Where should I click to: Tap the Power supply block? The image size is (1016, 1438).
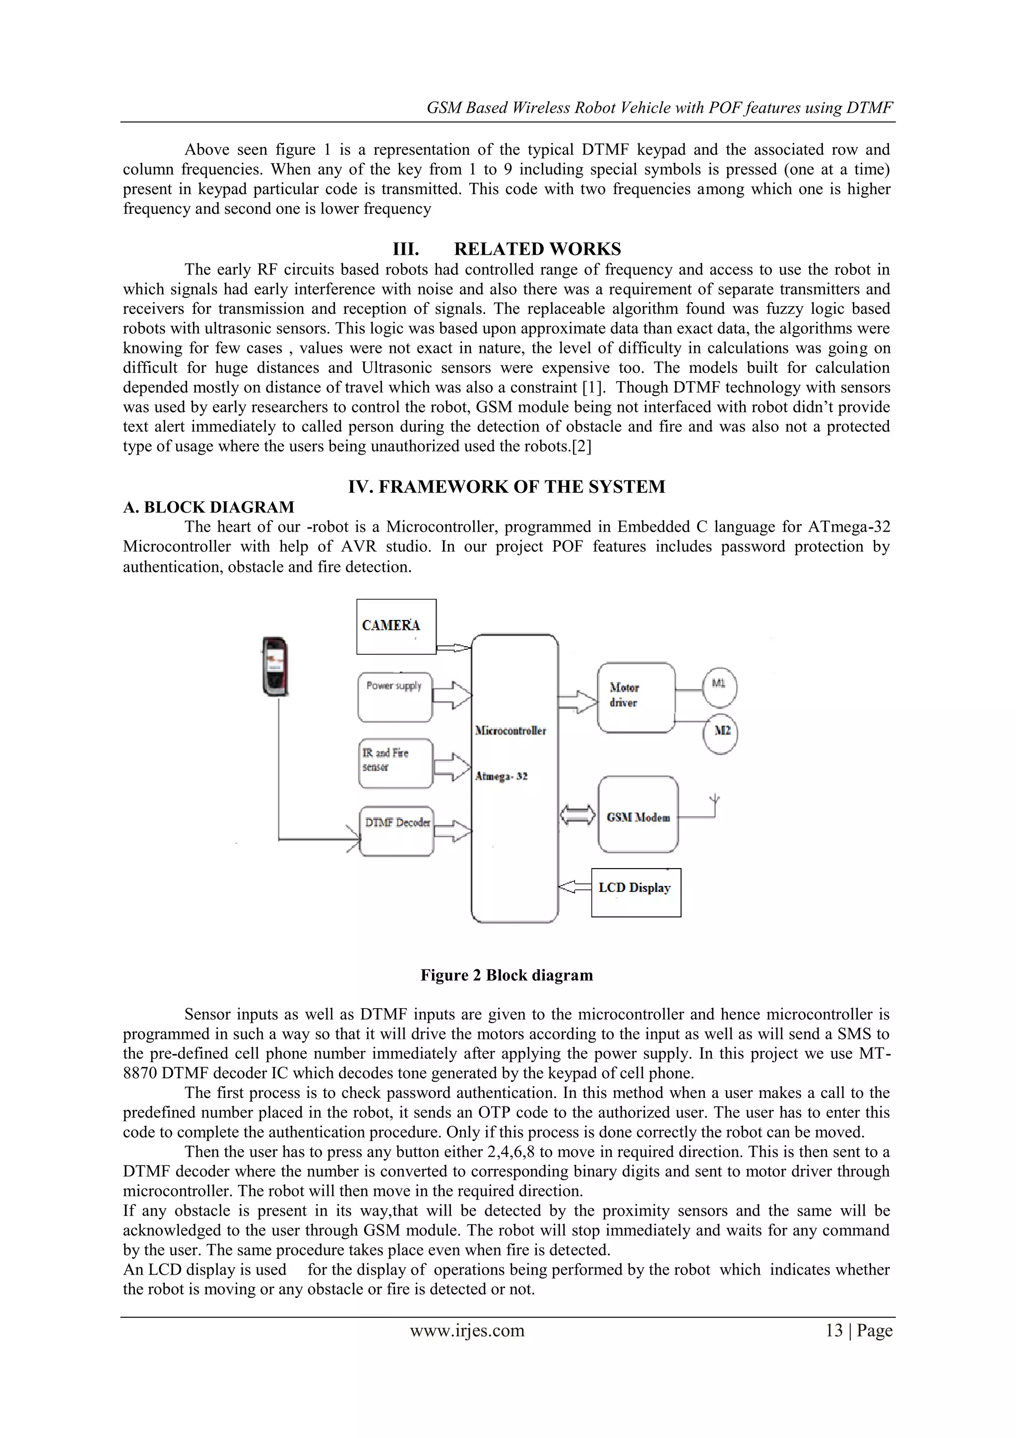(x=395, y=696)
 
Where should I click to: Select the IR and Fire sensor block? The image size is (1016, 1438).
(x=395, y=763)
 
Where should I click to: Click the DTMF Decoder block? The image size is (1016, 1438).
(x=396, y=830)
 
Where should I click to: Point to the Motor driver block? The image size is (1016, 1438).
(x=636, y=697)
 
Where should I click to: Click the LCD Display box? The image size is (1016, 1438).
(x=635, y=892)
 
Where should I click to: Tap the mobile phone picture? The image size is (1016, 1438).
(x=275, y=667)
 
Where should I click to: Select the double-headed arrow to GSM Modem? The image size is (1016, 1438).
(x=577, y=816)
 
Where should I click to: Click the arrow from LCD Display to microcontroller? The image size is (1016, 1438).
(x=574, y=887)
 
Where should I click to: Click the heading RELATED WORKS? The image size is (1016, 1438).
(x=537, y=249)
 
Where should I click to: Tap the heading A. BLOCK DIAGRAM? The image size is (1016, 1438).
(x=208, y=507)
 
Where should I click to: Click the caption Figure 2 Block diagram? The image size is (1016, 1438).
(x=507, y=975)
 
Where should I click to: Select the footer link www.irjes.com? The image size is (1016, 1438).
(x=467, y=1330)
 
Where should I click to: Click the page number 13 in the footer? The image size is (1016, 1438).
(x=834, y=1330)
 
